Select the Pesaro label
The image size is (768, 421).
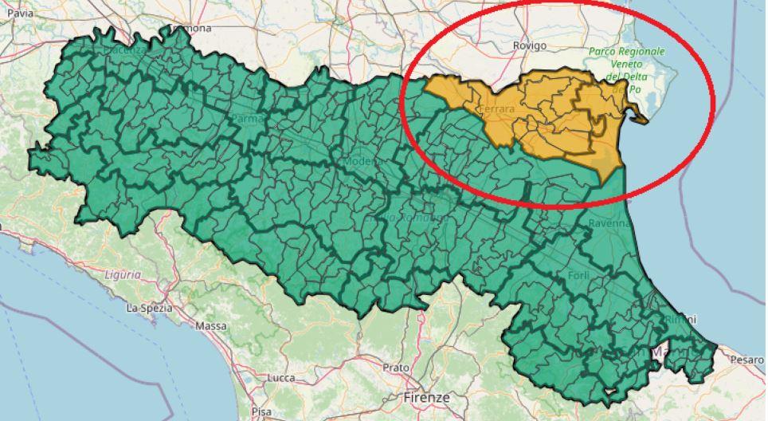coord(746,360)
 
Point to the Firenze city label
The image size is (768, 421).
coord(427,396)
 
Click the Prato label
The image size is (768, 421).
coord(395,368)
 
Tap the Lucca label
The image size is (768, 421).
coord(283,377)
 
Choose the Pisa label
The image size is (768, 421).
coord(260,411)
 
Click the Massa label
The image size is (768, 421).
coord(210,326)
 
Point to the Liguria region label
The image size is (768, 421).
coord(122,274)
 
